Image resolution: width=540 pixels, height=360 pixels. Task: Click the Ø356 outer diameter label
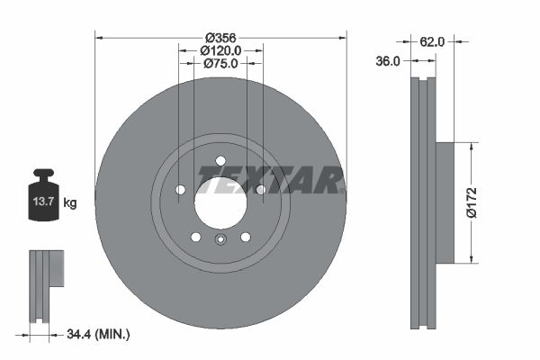point(220,37)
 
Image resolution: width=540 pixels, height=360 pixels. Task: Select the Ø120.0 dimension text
point(220,50)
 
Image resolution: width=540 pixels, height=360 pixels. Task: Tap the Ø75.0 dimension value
point(220,64)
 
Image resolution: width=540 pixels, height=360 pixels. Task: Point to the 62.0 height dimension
point(434,40)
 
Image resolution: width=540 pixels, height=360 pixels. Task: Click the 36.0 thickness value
point(388,61)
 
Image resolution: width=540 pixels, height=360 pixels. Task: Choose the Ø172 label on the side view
point(483,202)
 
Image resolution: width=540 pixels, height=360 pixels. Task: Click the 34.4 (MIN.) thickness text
point(99,335)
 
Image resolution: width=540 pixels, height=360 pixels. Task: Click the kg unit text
point(70,203)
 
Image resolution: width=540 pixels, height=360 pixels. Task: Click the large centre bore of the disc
point(220,202)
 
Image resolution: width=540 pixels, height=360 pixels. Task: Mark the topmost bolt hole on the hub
point(220,161)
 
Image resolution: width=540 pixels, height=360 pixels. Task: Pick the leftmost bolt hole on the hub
point(180,190)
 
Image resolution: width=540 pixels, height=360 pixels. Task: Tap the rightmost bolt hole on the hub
point(261,190)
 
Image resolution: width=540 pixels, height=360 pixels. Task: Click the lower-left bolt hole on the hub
point(195,237)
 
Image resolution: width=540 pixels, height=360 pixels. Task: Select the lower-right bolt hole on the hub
point(245,237)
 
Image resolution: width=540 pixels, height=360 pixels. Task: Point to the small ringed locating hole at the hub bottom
point(220,239)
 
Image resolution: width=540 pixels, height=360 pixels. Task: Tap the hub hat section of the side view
point(445,202)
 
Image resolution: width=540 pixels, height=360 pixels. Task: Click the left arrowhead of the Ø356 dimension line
point(98,37)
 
